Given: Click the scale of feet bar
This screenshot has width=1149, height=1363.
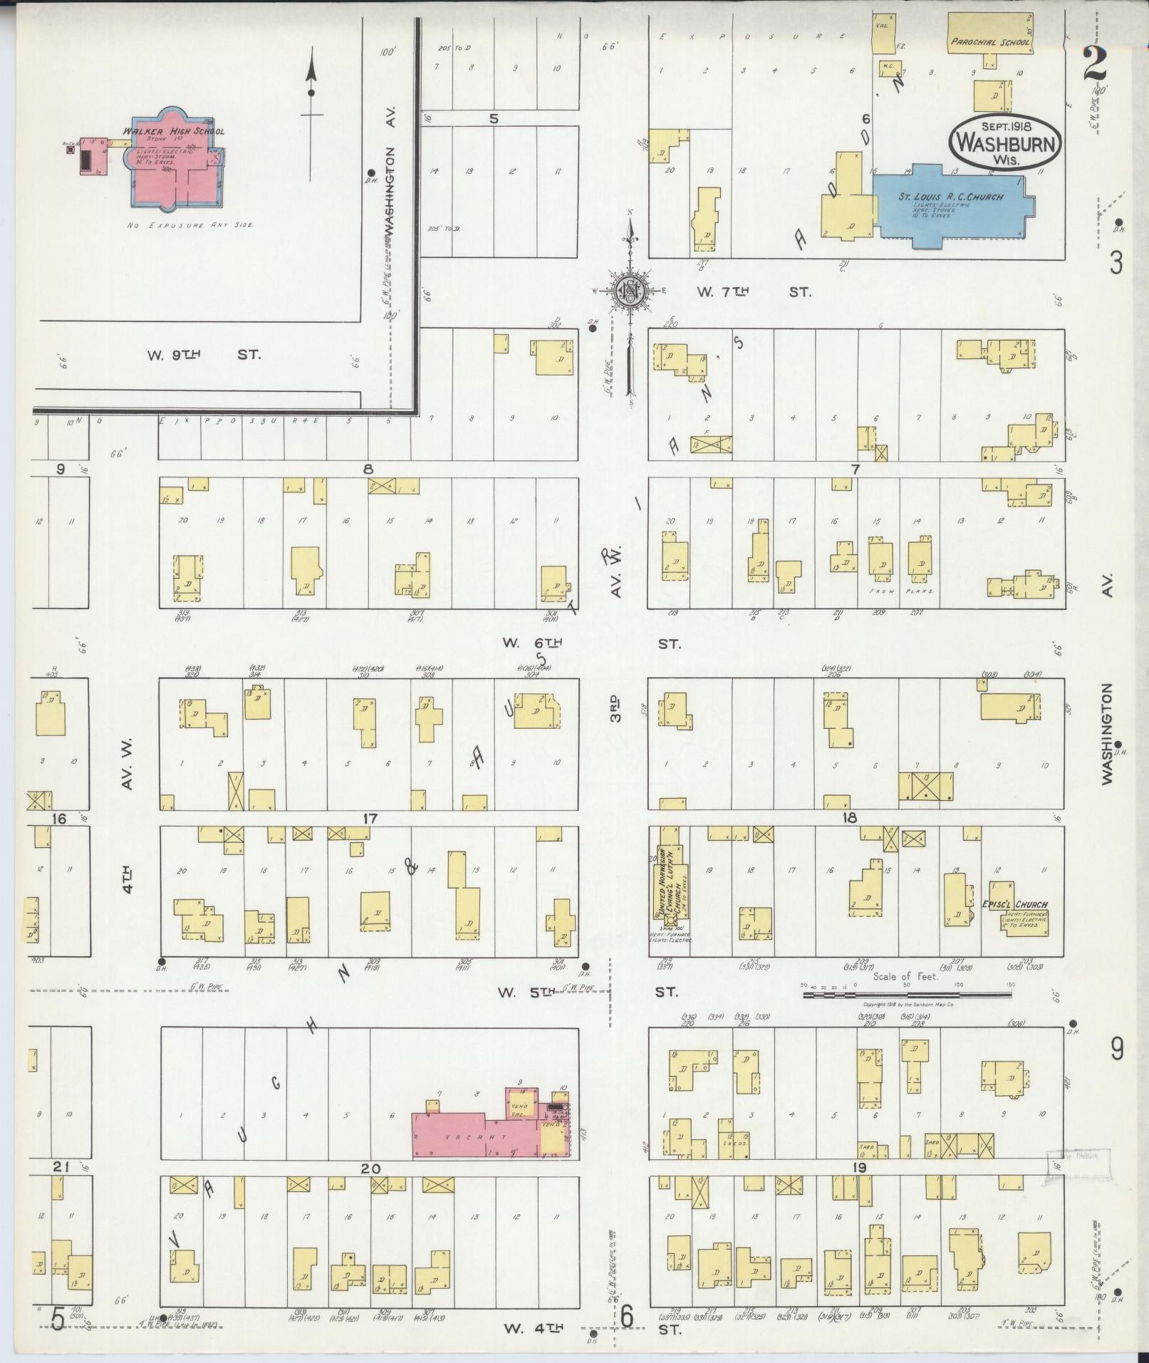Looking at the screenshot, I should point(906,994).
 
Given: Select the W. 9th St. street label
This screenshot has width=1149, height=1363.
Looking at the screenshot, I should point(203,354).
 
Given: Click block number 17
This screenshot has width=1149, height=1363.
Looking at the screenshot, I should point(369,819).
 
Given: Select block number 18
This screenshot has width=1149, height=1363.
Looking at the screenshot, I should point(849,818).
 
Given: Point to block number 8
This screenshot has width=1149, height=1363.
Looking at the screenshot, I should point(368,470).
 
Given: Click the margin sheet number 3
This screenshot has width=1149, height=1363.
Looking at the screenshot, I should point(1116,264).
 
